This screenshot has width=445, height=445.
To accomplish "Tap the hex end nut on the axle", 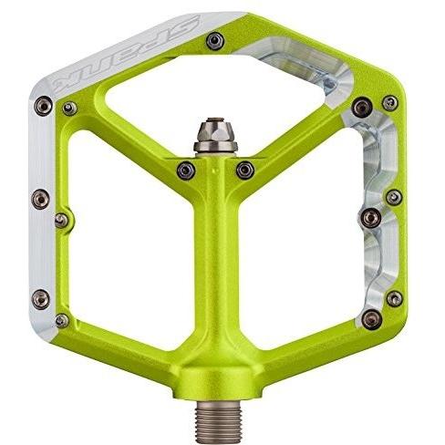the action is [216, 135].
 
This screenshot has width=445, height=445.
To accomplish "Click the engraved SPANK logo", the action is [125, 54].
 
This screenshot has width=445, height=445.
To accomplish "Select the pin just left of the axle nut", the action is [186, 171].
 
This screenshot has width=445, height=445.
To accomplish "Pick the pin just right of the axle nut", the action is [245, 171].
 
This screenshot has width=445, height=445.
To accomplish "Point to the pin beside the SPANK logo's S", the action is [215, 41].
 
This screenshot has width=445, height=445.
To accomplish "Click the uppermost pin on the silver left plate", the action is [43, 106].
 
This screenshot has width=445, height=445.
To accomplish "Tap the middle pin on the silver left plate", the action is [41, 199].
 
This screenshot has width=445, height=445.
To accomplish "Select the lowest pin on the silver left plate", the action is [41, 299].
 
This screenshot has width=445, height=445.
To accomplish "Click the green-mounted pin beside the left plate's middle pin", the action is [62, 221].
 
